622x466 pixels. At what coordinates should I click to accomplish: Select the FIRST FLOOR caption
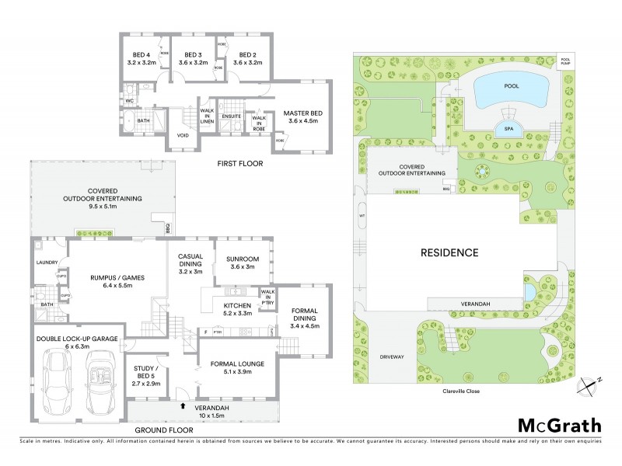(x=240, y=164)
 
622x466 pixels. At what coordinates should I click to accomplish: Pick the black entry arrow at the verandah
(x=183, y=405)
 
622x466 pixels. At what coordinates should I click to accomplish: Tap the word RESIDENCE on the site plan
(x=449, y=252)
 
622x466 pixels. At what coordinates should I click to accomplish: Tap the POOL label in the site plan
(x=510, y=86)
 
